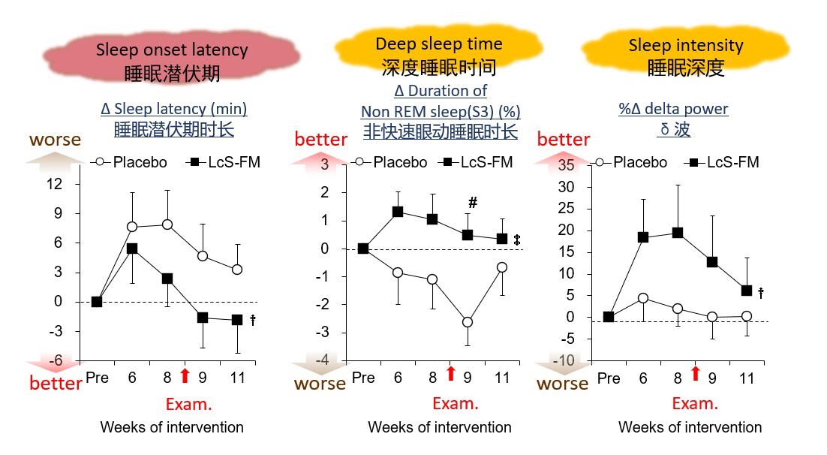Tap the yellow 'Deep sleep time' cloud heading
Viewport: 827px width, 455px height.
pos(438,55)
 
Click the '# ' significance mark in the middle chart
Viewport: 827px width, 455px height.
pos(473,203)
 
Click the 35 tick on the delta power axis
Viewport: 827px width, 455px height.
pos(566,165)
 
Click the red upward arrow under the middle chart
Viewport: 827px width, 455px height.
pos(451,373)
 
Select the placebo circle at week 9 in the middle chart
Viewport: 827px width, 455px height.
pos(468,322)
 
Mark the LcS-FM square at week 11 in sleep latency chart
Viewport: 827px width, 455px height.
pos(237,320)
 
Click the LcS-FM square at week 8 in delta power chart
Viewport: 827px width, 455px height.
pos(678,233)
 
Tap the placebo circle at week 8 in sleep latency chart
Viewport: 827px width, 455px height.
pos(167,224)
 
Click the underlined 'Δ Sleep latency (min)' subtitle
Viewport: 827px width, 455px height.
pos(174,110)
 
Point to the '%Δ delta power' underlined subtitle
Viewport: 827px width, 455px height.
pos(673,110)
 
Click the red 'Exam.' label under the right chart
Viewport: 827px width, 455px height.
pos(695,404)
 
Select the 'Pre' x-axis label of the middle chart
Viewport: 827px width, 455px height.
pos(363,378)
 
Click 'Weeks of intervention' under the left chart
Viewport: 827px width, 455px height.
pos(172,427)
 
